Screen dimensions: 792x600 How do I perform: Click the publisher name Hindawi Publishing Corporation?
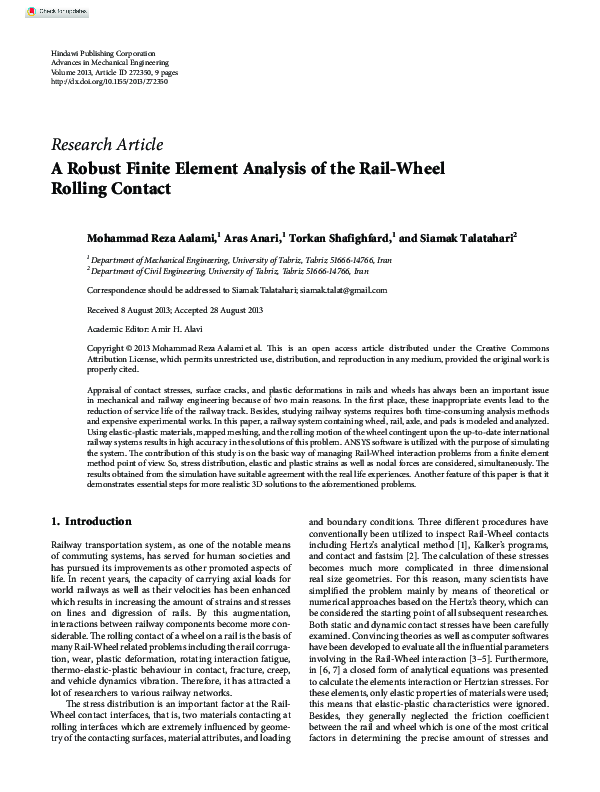pyautogui.click(x=103, y=51)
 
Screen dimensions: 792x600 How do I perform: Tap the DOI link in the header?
pyautogui.click(x=109, y=81)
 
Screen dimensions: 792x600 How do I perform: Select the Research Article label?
pyautogui.click(x=106, y=145)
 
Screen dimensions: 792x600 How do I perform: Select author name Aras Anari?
pyautogui.click(x=253, y=239)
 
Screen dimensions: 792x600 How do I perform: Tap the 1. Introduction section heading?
pyautogui.click(x=91, y=521)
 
